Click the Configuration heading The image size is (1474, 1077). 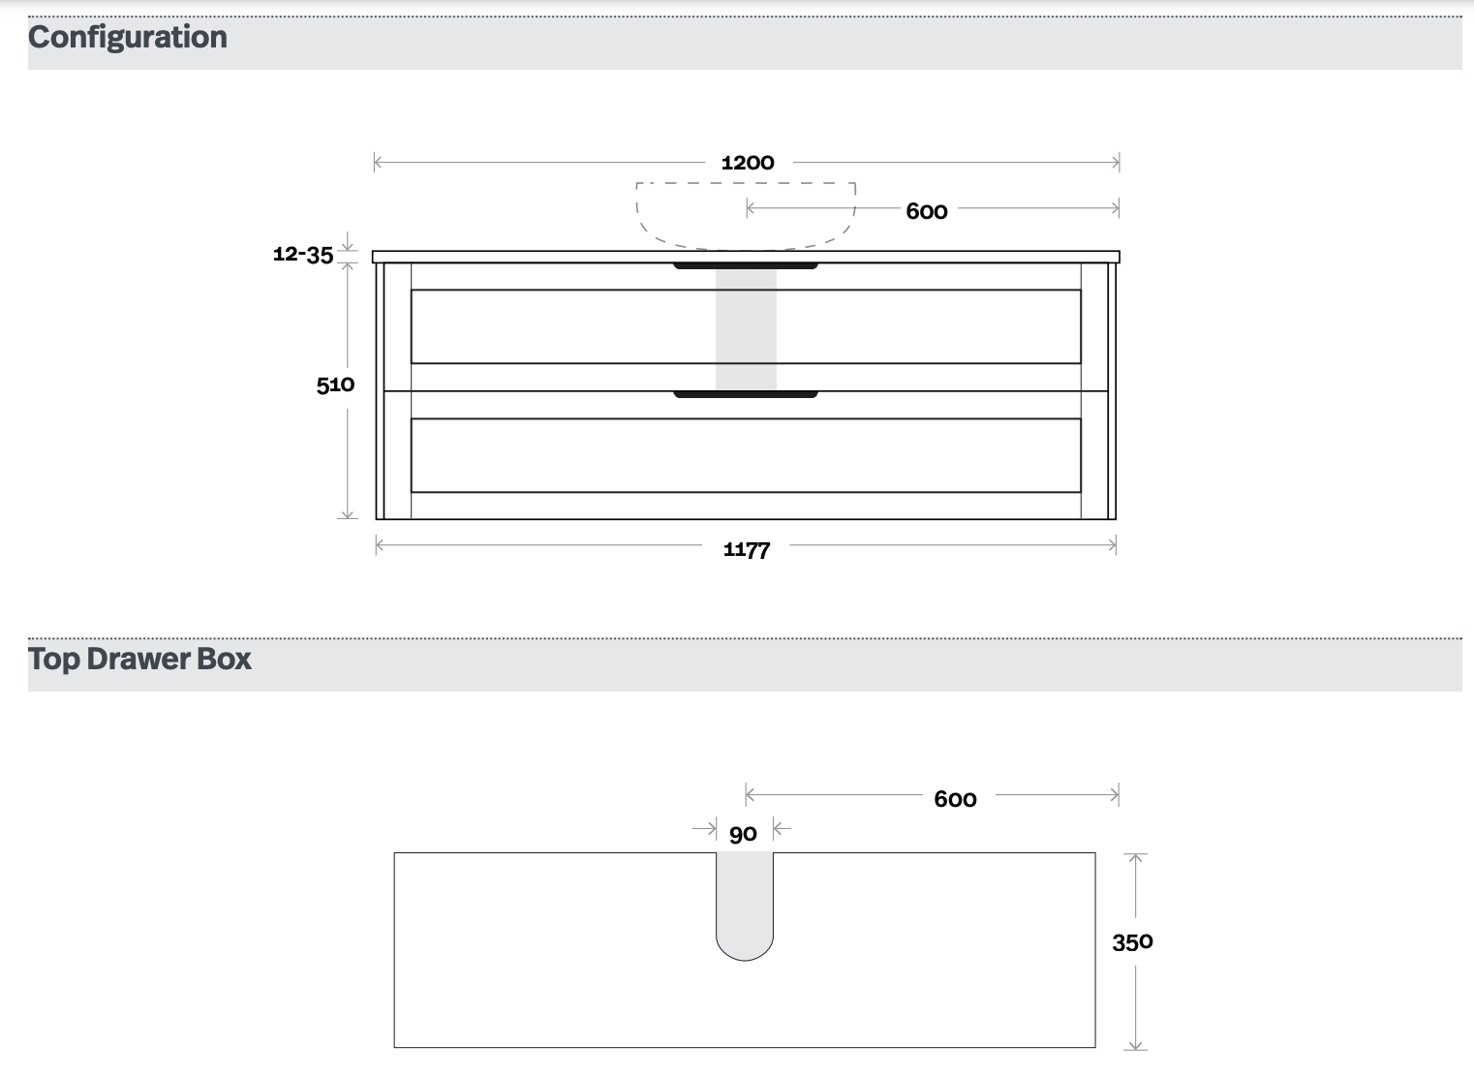(128, 38)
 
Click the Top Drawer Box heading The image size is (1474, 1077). (139, 659)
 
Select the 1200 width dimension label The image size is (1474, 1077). (748, 163)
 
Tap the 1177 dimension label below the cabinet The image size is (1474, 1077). (747, 549)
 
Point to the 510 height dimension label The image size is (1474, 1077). (336, 385)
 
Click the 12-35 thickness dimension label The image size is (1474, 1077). (303, 254)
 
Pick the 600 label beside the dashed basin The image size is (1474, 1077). (927, 211)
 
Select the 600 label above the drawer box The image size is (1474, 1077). (956, 799)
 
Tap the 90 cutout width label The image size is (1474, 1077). (744, 834)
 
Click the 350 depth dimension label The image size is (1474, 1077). (1132, 942)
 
